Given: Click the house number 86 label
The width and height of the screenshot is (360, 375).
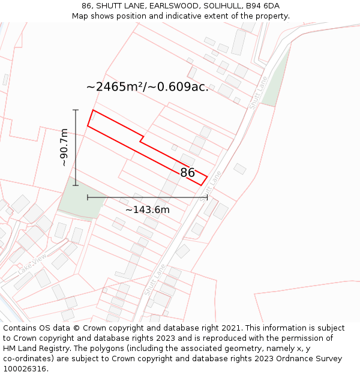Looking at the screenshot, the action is click(x=187, y=173).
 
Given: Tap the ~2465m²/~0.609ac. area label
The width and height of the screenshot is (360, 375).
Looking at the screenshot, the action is click(x=148, y=87).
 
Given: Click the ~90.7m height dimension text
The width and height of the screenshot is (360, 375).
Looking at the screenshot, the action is click(x=64, y=148).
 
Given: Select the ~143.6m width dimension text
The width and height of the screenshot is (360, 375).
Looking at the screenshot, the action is click(x=148, y=209).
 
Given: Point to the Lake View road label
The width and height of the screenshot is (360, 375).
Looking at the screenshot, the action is click(x=32, y=264).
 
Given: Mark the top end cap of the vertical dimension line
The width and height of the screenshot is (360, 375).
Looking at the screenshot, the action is click(x=76, y=110).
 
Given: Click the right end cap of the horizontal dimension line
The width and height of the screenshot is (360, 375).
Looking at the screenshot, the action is click(x=207, y=197).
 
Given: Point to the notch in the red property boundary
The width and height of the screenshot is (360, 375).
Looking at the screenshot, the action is click(x=142, y=139).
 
